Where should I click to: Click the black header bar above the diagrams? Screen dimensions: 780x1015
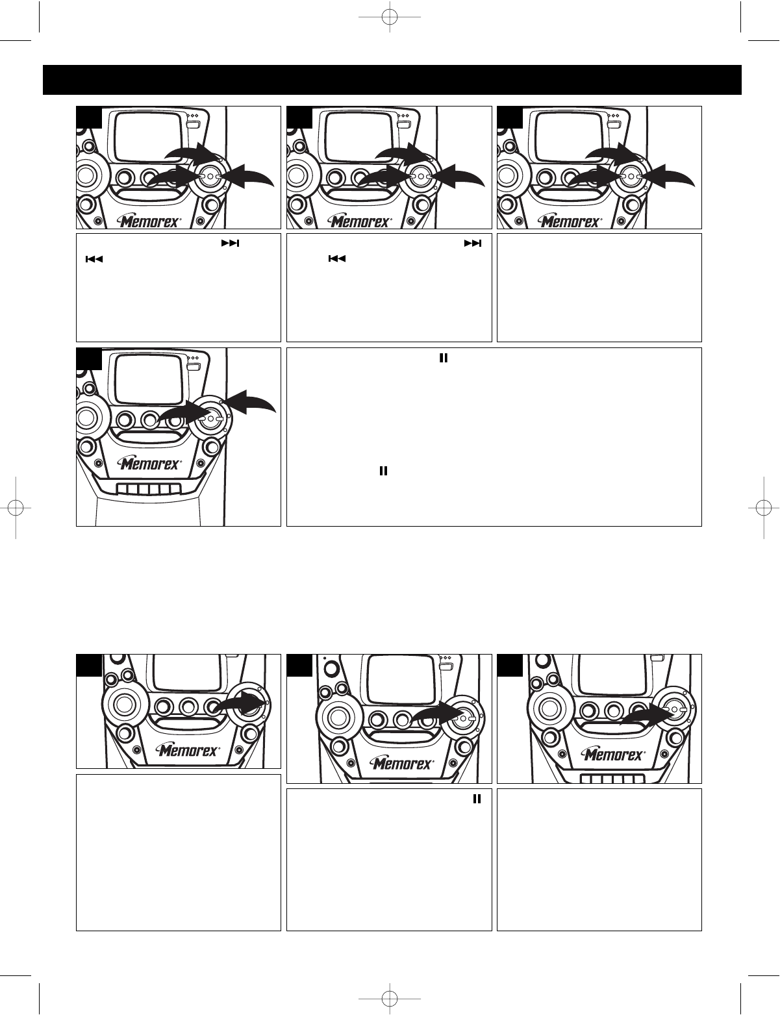coord(392,80)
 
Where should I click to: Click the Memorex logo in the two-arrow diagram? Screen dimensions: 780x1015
coord(149,464)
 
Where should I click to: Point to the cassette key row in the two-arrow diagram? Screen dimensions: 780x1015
coord(149,489)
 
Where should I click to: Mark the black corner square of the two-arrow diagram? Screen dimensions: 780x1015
coord(89,358)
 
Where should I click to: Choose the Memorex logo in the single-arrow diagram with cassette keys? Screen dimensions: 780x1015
coord(614,755)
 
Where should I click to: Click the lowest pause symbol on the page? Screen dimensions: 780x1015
coord(477,799)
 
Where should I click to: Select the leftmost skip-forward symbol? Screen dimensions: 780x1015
coord(231,243)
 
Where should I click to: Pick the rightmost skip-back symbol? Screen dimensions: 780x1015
coord(337,258)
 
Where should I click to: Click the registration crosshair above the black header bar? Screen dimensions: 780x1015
coord(390,18)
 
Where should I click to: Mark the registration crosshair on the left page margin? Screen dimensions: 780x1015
coord(16,508)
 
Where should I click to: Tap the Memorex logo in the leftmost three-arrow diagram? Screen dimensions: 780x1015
coord(149,221)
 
